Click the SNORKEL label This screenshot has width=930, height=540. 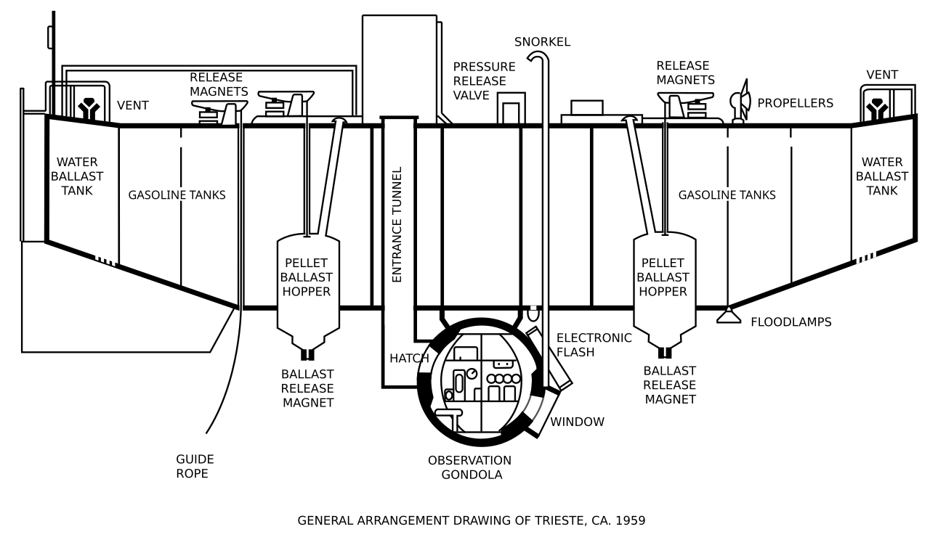click(x=542, y=42)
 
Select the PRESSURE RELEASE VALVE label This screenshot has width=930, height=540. click(x=484, y=81)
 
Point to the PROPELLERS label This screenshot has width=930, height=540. click(x=795, y=103)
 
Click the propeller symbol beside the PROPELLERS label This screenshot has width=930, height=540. click(x=740, y=102)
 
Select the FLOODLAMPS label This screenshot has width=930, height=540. click(x=790, y=322)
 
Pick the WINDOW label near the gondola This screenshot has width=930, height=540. click(x=577, y=422)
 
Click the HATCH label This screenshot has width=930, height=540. click(x=409, y=358)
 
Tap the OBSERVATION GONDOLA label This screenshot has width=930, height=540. click(x=469, y=467)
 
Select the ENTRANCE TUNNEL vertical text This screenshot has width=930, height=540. click(x=397, y=224)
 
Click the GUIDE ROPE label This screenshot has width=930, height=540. click(x=195, y=466)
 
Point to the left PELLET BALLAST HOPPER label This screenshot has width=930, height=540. click(x=307, y=277)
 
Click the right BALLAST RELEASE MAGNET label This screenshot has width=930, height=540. click(x=669, y=385)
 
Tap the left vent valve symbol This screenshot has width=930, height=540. click(x=89, y=107)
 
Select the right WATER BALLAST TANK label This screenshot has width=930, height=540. click(x=881, y=176)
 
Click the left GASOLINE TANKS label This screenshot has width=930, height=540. click(x=177, y=195)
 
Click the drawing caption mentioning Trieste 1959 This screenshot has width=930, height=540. click(x=471, y=520)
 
